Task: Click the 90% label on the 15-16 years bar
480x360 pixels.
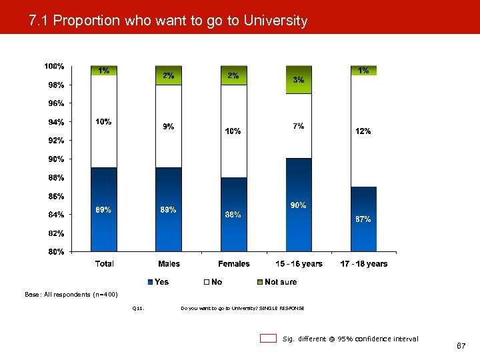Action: click(x=299, y=205)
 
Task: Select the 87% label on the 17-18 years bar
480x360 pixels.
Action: click(x=363, y=219)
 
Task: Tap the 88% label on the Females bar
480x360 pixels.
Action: click(x=233, y=215)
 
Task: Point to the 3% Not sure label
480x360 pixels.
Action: click(x=299, y=80)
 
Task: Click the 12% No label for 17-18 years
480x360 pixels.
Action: click(x=363, y=131)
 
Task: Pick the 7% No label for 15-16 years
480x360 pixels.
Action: click(x=299, y=126)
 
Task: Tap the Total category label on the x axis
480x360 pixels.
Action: click(x=104, y=264)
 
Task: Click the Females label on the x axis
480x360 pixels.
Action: click(x=234, y=264)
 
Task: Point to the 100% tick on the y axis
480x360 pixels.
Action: click(x=54, y=67)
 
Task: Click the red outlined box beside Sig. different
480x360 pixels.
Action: click(x=268, y=339)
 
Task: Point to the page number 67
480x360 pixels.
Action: click(x=461, y=347)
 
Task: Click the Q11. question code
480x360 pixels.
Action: click(x=138, y=308)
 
